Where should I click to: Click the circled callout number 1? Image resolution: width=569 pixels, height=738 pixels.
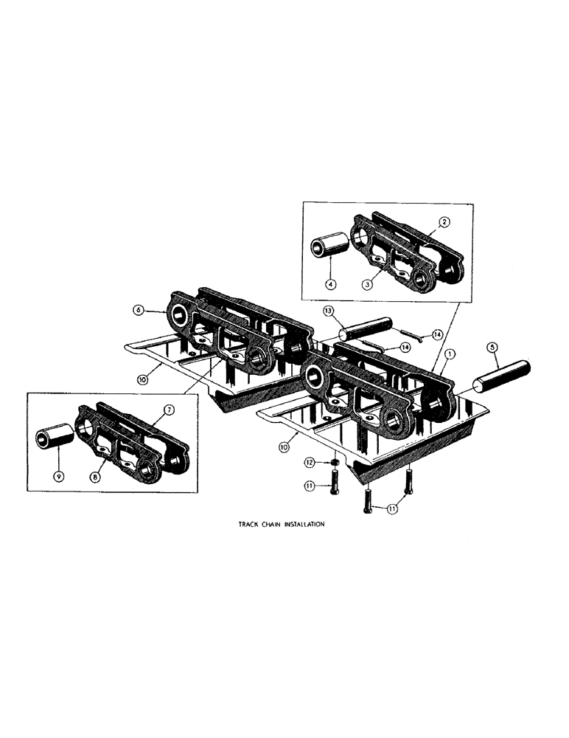[450, 354]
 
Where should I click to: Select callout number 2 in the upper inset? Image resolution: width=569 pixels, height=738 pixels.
[445, 221]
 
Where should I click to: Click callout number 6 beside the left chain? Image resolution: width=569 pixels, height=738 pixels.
[138, 311]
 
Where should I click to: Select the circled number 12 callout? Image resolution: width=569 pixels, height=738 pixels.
[310, 462]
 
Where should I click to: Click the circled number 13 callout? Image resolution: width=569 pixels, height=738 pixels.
[329, 311]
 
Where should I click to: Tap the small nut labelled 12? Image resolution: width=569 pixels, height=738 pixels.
[333, 463]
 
